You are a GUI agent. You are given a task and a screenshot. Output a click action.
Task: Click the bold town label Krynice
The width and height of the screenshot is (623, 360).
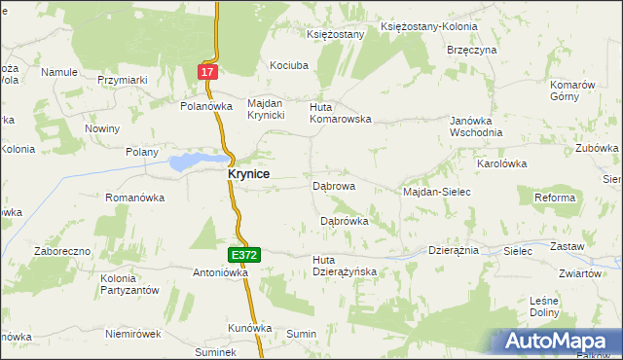tap(248, 174)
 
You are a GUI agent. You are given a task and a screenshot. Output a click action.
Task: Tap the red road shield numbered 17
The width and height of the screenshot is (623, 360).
tap(206, 72)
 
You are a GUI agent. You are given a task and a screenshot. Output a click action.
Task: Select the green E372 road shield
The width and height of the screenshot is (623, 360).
tap(244, 255)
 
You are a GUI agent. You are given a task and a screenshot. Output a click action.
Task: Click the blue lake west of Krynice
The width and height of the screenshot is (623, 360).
tap(193, 162)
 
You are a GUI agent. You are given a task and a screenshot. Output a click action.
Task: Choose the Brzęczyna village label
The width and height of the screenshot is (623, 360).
tap(472, 50)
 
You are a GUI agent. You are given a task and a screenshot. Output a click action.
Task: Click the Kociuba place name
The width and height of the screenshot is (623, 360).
tap(289, 65)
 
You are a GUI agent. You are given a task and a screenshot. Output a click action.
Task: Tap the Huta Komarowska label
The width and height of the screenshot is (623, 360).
tap(341, 113)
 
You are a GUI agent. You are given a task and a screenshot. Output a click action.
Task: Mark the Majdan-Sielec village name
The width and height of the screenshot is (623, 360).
tap(436, 193)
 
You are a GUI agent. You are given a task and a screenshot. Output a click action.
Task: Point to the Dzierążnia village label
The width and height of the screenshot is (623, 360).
tap(454, 250)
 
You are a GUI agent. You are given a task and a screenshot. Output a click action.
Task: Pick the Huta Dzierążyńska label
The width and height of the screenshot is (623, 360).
tap(344, 266)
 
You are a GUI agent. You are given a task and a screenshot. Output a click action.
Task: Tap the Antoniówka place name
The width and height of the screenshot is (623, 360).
tap(222, 272)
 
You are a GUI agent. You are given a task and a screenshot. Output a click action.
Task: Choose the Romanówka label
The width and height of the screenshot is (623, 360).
tap(134, 198)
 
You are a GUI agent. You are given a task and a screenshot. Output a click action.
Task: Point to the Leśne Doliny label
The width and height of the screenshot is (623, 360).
tap(543, 306)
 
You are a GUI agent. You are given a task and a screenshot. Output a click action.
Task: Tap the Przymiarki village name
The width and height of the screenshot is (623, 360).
tap(122, 81)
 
